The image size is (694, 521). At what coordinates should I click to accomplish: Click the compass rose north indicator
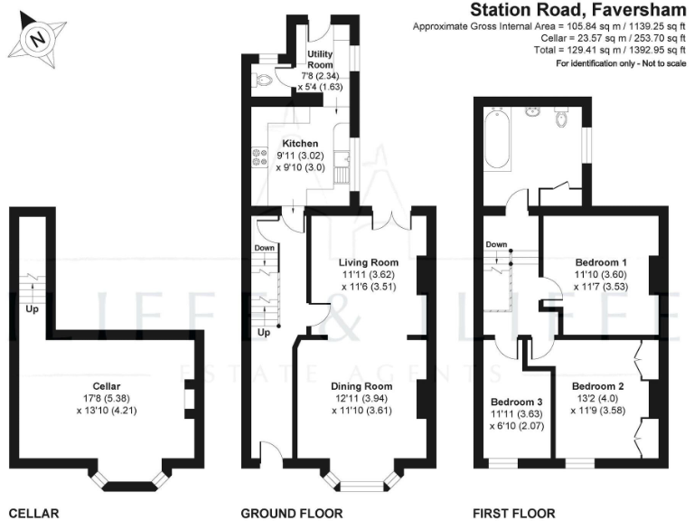(x=36, y=39)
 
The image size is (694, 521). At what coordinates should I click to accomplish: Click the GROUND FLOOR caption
(x=292, y=513)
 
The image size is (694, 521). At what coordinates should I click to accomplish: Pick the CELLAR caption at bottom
(x=33, y=513)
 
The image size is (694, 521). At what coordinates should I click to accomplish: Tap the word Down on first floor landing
(x=496, y=244)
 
